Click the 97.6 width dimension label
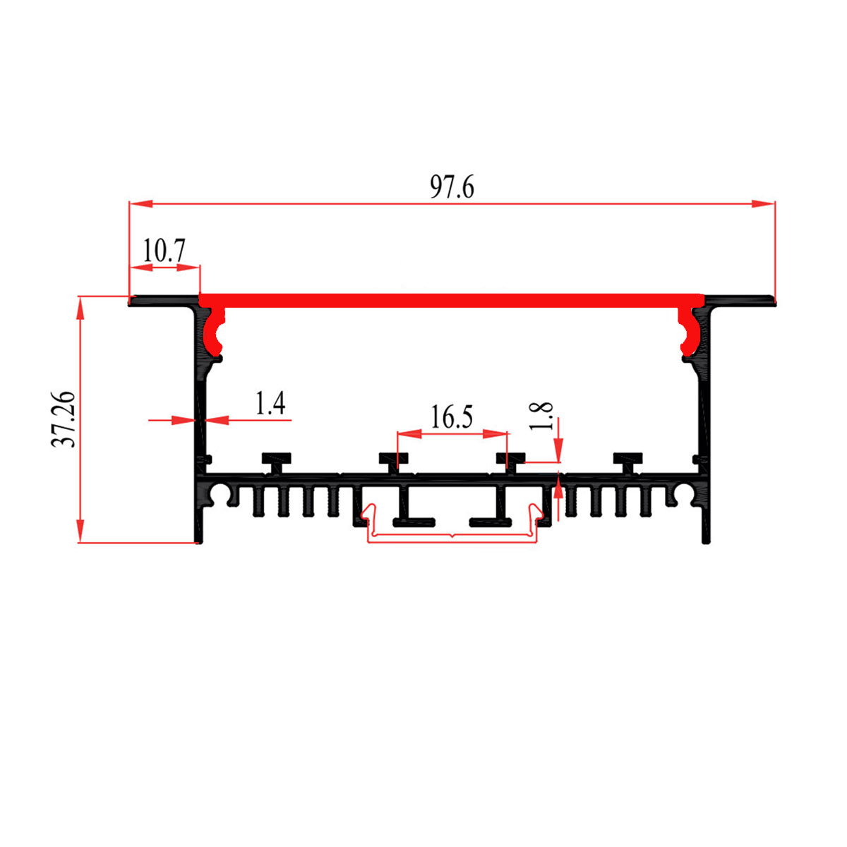pyautogui.click(x=452, y=187)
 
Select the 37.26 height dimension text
pyautogui.click(x=64, y=419)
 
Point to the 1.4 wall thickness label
pyautogui.click(x=271, y=403)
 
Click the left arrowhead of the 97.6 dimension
pyautogui.click(x=140, y=204)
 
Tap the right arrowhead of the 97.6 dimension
pyautogui.click(x=763, y=204)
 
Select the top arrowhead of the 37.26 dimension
pyautogui.click(x=80, y=308)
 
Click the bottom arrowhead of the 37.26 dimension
pyautogui.click(x=80, y=531)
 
